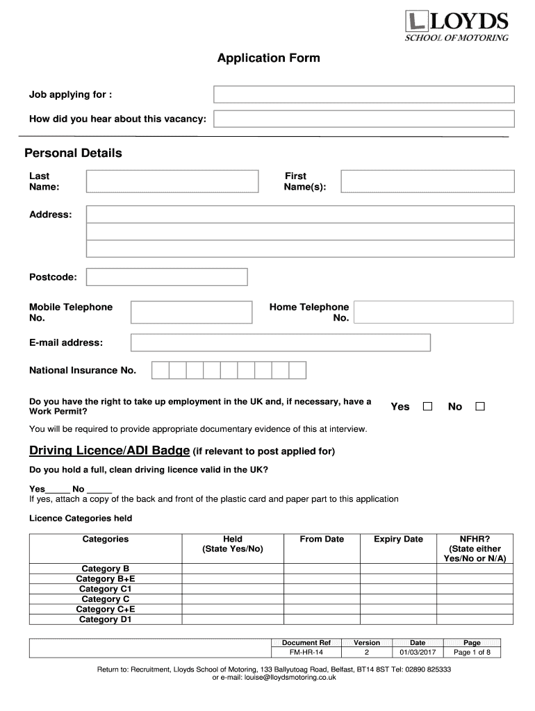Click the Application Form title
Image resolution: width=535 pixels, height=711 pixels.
point(268,58)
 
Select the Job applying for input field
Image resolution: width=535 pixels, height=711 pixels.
point(363,94)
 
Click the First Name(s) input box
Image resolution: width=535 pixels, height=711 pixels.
point(427,181)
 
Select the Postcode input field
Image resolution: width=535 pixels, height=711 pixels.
point(167,277)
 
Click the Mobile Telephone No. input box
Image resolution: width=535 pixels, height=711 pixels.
point(191,312)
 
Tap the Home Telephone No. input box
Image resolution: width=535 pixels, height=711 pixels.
point(434,312)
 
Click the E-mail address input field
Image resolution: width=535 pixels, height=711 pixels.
point(281,343)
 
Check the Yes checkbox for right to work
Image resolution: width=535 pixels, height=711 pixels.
point(428,406)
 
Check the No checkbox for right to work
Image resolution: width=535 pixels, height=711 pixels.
point(479,406)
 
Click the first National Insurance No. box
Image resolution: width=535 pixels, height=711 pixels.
point(160,370)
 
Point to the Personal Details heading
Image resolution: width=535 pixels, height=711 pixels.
point(73,153)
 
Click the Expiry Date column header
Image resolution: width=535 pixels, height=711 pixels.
point(398,539)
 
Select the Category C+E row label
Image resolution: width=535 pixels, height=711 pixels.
point(106,609)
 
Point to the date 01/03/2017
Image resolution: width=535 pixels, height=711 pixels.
point(418,653)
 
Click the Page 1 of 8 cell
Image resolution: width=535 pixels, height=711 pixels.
point(472,653)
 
